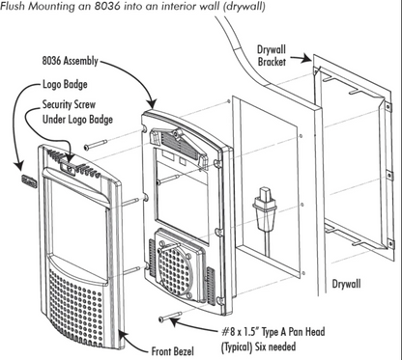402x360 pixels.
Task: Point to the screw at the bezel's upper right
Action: (98, 145)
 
